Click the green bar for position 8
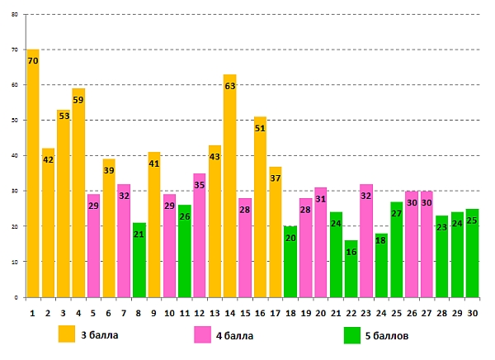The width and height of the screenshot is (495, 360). (139, 260)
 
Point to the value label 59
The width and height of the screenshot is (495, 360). (78, 100)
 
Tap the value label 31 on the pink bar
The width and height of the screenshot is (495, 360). (321, 199)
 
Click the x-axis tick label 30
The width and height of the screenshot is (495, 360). (472, 314)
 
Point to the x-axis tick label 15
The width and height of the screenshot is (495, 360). (245, 314)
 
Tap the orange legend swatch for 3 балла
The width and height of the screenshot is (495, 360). (67, 334)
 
